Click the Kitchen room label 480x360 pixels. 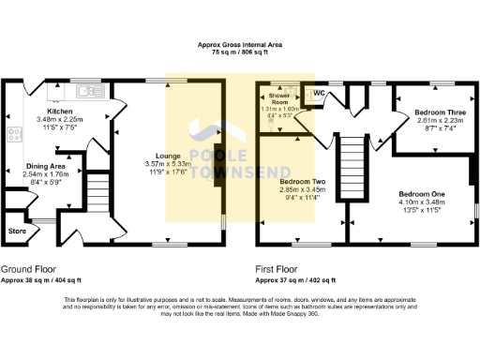tap(60, 112)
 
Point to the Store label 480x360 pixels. tap(17, 230)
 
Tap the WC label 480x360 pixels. tap(319, 93)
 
